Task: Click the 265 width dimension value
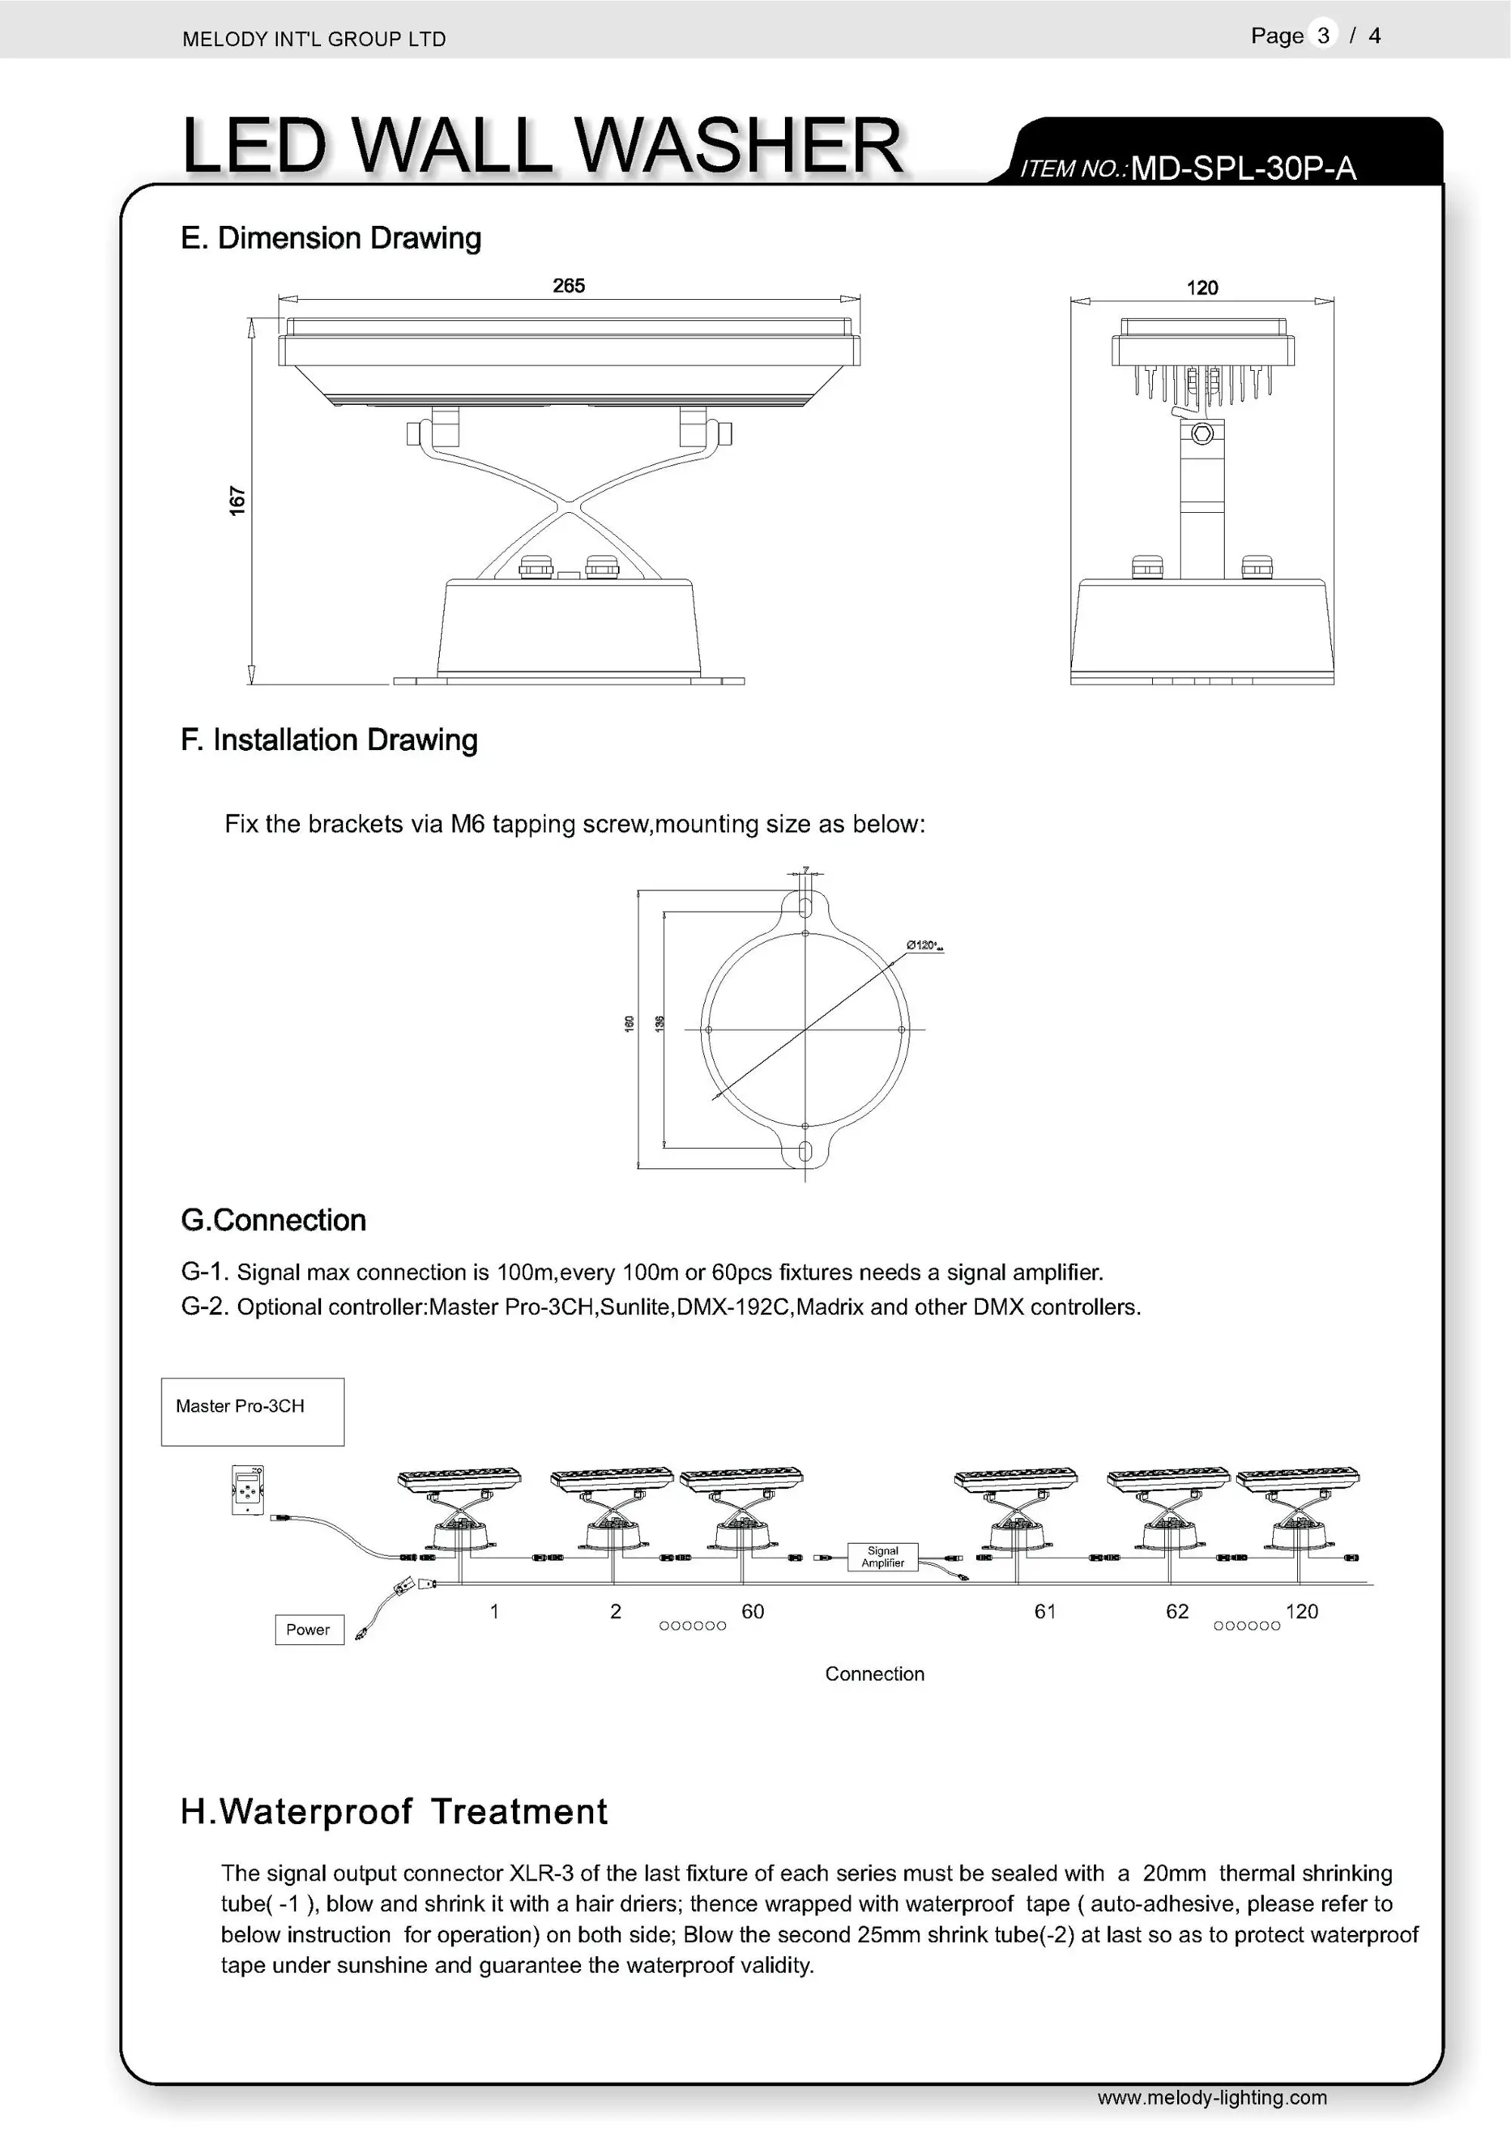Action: pos(568,286)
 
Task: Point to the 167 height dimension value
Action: pos(237,501)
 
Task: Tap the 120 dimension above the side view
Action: pos(1202,288)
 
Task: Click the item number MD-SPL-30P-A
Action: pos(1243,168)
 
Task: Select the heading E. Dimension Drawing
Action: pos(330,238)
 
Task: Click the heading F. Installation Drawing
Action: pos(329,739)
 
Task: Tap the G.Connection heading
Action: pos(273,1220)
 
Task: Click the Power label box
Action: pos(309,1629)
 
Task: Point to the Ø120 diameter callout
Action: pos(924,945)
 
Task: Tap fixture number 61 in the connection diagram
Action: pos(1045,1611)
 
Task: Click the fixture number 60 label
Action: pos(752,1611)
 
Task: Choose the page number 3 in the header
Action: pos(1323,35)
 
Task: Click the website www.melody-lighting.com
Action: pos(1211,2097)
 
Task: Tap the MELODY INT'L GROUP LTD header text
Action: pos(314,39)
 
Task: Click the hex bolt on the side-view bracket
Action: pos(1202,434)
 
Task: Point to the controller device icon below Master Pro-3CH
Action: pos(248,1489)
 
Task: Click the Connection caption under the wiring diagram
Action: pos(875,1674)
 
